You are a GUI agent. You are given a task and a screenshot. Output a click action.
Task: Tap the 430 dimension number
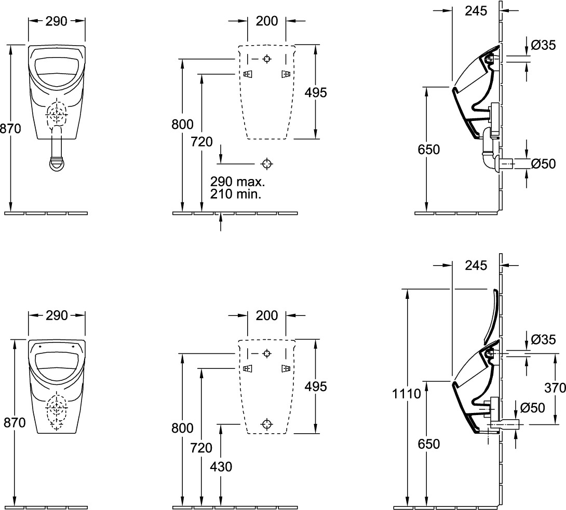click(221, 466)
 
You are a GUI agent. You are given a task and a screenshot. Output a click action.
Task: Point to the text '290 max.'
click(237, 182)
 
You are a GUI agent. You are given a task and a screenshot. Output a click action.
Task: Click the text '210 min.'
click(236, 195)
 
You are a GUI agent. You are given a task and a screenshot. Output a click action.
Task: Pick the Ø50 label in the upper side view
click(543, 164)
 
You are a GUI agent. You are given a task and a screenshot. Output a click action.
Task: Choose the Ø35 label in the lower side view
click(543, 340)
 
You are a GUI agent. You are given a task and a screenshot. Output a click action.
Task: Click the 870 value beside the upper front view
click(10, 129)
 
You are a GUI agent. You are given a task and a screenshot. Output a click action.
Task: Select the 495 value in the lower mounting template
click(315, 387)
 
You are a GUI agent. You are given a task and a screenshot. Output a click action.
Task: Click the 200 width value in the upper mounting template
click(267, 21)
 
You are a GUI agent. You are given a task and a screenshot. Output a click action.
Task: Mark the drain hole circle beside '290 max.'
click(267, 164)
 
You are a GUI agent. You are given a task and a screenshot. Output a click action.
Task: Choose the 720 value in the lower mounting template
click(202, 447)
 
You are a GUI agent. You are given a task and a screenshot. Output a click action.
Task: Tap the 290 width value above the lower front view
click(57, 315)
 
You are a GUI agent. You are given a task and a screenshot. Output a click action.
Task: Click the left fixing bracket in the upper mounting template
click(248, 74)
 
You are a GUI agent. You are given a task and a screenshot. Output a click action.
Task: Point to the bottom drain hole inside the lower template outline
click(267, 423)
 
